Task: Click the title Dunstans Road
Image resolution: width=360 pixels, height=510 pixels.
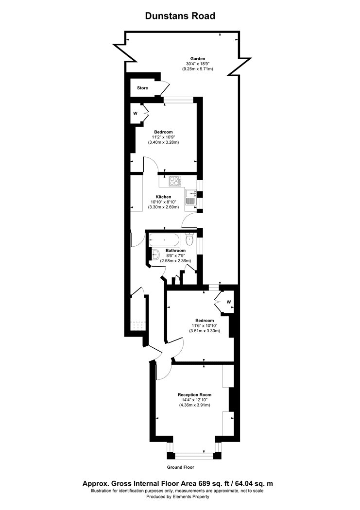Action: [180, 16]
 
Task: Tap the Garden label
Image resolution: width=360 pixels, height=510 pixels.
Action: [198, 58]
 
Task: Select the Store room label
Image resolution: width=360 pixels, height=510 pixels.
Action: [142, 88]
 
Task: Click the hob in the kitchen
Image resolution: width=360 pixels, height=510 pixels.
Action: [174, 182]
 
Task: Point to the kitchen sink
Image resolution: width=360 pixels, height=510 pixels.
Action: [190, 197]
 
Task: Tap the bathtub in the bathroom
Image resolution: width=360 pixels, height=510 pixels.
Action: [165, 239]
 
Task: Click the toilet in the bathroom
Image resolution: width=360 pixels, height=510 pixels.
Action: [190, 240]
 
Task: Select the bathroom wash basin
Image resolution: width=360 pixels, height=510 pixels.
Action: [156, 255]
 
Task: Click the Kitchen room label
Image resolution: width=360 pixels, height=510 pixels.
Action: [164, 197]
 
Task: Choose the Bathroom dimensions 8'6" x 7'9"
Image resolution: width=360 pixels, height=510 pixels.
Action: [175, 256]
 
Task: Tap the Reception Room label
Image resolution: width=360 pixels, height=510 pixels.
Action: [196, 394]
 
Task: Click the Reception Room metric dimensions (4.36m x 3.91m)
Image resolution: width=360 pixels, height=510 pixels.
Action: [196, 405]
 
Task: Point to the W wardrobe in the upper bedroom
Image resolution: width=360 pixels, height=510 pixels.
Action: [136, 113]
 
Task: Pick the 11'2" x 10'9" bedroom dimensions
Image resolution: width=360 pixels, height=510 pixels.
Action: [163, 137]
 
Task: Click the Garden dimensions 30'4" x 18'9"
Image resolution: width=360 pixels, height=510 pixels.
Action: [198, 64]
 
